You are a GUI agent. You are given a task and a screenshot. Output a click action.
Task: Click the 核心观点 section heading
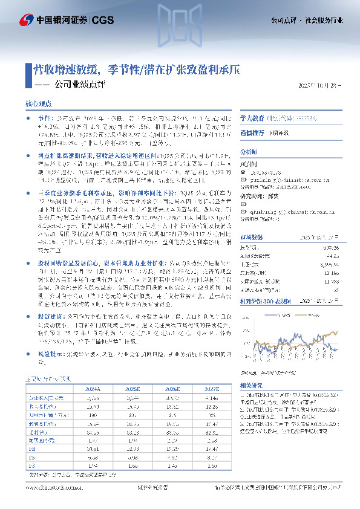point(39,104)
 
